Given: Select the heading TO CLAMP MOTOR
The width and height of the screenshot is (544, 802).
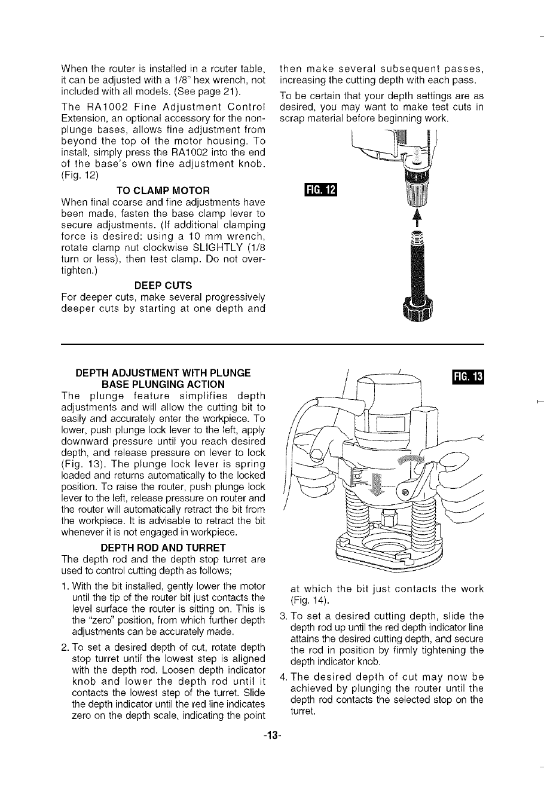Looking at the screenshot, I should pos(163,191).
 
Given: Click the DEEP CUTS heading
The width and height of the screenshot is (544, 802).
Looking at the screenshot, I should pos(163,284).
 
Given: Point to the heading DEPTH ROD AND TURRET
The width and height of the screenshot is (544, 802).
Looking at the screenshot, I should pos(163,547).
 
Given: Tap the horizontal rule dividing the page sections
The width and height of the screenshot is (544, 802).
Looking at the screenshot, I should pos(272,345).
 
